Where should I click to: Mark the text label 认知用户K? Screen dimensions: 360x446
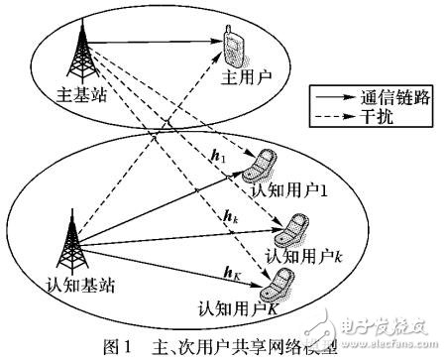point(238,307)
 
